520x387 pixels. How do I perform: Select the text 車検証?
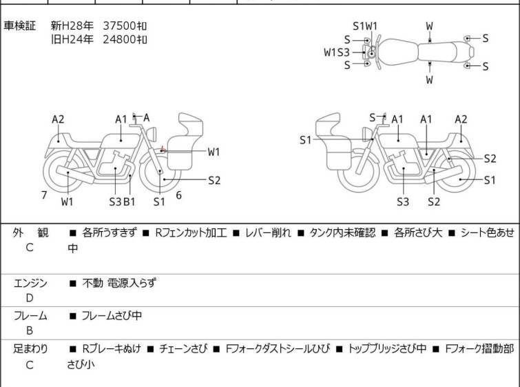pos(19,26)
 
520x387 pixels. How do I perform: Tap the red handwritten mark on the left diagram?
pos(163,150)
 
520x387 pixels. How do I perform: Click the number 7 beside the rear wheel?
pos(44,195)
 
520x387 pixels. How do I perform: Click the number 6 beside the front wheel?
pos(179,195)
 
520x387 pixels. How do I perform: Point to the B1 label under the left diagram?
pos(129,201)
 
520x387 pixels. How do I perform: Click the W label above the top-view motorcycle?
pos(430,26)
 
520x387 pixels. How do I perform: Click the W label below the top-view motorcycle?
pos(430,80)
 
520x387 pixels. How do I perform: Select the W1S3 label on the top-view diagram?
pos(337,52)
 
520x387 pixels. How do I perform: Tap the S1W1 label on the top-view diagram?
pos(365,26)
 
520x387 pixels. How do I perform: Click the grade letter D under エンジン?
pos(30,298)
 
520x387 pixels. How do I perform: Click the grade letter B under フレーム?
pos(30,330)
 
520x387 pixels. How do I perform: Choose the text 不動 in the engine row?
pos(92,283)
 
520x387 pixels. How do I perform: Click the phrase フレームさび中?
pos(112,315)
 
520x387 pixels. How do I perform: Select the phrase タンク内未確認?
pos(342,232)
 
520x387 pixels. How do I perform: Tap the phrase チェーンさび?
pos(183,348)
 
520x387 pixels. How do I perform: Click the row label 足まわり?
pos(30,348)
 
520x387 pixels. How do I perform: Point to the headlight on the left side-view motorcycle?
pos(152,134)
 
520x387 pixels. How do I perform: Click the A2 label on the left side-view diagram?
pos(58,119)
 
